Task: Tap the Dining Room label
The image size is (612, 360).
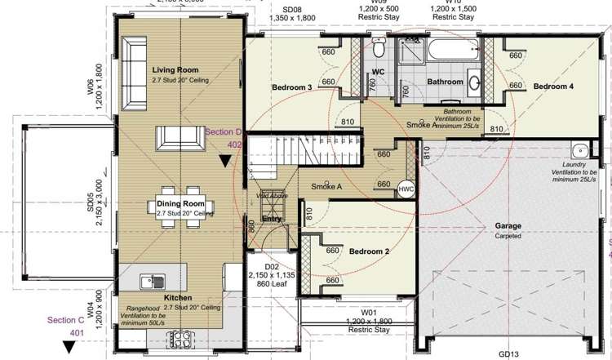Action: pyautogui.click(x=180, y=203)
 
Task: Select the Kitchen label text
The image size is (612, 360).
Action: pyautogui.click(x=178, y=298)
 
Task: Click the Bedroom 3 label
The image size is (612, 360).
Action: pyautogui.click(x=292, y=87)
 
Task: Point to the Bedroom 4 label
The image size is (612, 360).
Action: pyautogui.click(x=554, y=86)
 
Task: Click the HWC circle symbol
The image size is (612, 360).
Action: pyautogui.click(x=406, y=189)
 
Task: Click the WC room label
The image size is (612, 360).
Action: pyautogui.click(x=378, y=73)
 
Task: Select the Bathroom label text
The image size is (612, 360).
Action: pyautogui.click(x=445, y=82)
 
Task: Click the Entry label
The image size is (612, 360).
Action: pyautogui.click(x=272, y=219)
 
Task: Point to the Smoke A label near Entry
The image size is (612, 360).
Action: pyautogui.click(x=326, y=187)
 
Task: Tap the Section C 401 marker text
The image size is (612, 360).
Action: pyautogui.click(x=66, y=326)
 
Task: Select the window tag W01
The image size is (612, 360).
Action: pyautogui.click(x=368, y=312)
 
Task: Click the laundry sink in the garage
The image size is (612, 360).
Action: pyautogui.click(x=580, y=151)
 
